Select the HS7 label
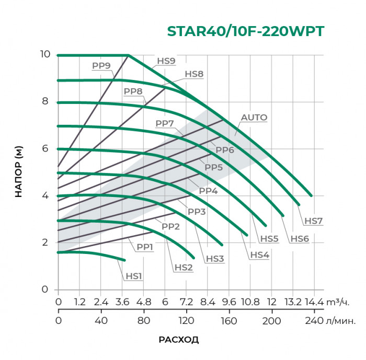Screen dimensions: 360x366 click(313, 221)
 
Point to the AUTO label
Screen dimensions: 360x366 click(254, 118)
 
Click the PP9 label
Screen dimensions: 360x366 click(101, 66)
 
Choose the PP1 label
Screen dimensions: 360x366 click(145, 247)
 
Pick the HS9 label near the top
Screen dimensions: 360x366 click(166, 61)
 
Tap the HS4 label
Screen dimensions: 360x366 click(259, 255)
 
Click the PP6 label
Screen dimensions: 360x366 click(224, 150)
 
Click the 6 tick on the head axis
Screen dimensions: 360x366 click(47, 148)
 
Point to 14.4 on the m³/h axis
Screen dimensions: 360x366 click(313, 302)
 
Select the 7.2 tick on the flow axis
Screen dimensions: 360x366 click(187, 302)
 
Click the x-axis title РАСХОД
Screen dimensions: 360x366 click(178, 340)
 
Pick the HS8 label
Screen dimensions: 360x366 click(194, 74)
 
